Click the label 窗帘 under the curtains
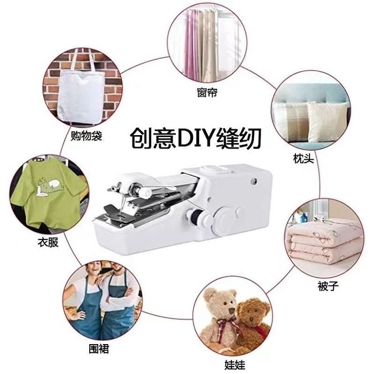(207, 92)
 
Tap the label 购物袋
(87, 136)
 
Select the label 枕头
(303, 158)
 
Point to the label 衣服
(48, 243)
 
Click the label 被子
(328, 286)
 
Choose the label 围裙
(99, 349)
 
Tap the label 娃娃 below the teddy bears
(235, 365)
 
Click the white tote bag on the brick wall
(81, 93)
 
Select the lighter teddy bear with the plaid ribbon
(221, 315)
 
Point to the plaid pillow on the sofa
(292, 120)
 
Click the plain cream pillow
(327, 122)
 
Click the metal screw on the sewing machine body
(254, 182)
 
